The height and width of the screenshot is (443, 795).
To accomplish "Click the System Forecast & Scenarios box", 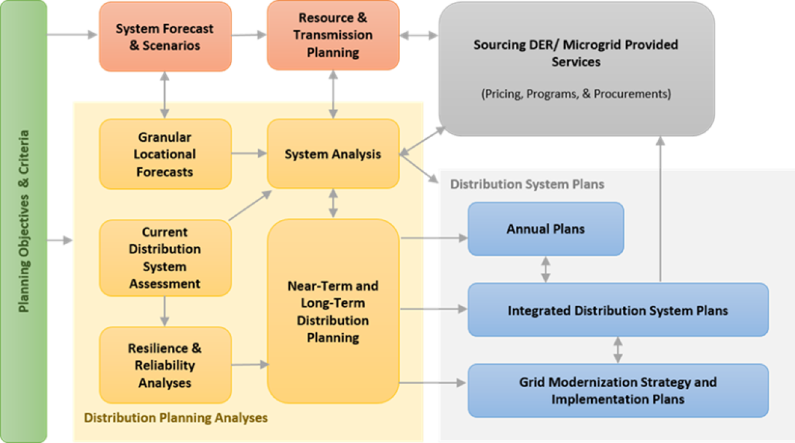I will coord(165,36).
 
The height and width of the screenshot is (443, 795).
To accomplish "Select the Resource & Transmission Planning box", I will coord(333,35).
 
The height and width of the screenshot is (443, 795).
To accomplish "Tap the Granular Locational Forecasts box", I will coord(165,154).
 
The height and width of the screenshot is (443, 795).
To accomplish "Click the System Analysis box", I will coord(333,154).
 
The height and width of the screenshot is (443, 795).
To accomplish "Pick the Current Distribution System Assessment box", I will coord(165,258).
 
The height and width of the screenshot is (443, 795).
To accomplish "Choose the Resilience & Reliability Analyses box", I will coord(165,365).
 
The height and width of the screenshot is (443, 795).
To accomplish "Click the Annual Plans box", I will coord(545,229).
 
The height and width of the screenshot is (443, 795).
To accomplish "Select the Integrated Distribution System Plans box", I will coord(618,310).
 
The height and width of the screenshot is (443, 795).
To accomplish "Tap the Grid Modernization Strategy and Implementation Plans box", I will coord(618,390).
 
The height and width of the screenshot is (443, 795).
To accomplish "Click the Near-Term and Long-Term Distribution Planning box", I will coord(333,311).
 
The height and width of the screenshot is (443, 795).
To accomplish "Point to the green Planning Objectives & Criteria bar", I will coord(24,221).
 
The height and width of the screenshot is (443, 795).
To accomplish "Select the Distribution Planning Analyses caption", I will coord(175,418).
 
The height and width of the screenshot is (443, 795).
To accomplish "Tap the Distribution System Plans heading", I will coord(527,185).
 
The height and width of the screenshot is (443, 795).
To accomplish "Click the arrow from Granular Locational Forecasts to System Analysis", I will coord(249,154).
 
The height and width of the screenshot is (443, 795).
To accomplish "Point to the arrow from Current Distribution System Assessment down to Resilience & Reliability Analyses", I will coord(165,311).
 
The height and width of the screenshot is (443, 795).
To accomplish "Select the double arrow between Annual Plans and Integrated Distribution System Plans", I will coord(546,269).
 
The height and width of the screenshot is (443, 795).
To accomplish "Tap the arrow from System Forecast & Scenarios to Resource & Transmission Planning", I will coord(249,36).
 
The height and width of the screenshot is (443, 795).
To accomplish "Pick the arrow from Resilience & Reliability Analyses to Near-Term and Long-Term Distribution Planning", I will coord(249,365).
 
